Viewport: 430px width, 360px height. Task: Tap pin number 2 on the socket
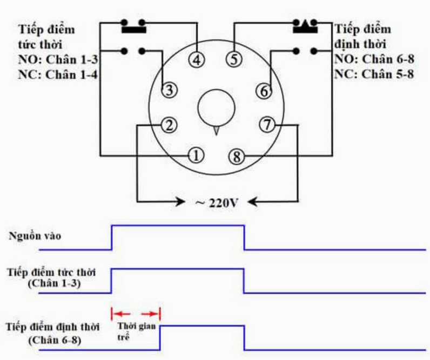coord(169,125)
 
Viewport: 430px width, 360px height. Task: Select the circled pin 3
coord(169,91)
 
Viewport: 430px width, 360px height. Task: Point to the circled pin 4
coord(198,60)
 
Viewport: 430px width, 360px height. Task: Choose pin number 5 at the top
coord(233,60)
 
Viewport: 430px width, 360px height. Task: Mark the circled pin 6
coord(264,91)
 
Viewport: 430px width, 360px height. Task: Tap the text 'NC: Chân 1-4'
coord(51,75)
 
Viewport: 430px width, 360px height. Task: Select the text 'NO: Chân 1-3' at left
coord(52,59)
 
